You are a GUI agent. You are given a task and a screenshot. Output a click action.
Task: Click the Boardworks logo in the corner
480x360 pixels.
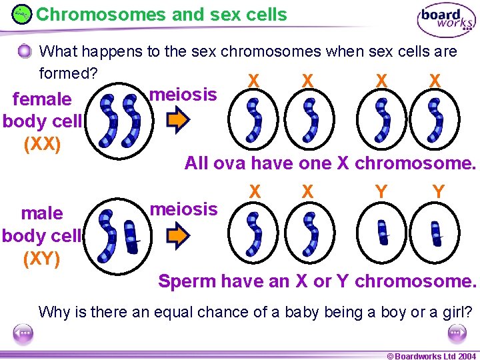click(446, 20)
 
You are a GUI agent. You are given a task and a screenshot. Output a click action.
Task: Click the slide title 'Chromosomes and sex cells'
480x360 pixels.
click(161, 14)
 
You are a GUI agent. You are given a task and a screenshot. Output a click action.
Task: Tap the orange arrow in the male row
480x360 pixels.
click(178, 235)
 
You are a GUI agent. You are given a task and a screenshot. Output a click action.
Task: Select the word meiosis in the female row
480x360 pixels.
click(183, 95)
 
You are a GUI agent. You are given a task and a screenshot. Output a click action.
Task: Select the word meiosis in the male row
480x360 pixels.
click(183, 209)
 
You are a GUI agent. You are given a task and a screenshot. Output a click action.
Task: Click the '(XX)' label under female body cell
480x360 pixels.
click(41, 144)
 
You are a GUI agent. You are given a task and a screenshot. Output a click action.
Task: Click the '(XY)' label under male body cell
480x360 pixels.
click(41, 258)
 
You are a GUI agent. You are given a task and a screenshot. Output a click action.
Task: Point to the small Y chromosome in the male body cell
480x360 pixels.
click(132, 235)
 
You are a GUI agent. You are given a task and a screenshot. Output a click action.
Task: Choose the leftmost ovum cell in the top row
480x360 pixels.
click(254, 121)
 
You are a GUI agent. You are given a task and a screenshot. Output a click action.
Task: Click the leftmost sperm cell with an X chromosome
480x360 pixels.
click(254, 233)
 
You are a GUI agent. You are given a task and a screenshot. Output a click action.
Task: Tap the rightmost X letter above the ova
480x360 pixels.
click(435, 81)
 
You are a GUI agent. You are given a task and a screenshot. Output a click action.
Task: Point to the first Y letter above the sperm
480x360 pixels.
click(381, 192)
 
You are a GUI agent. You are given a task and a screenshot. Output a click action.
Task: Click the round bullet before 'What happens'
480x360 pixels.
click(25, 51)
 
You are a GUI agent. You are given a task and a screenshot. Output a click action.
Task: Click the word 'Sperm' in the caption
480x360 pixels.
click(187, 281)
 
